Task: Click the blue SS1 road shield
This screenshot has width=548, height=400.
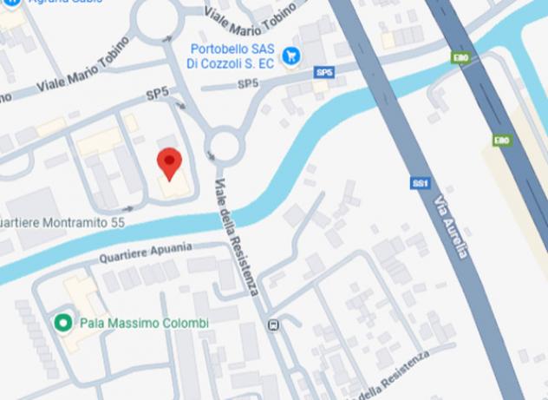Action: click(x=420, y=183)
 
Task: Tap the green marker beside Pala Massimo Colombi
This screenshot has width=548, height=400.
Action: click(x=62, y=323)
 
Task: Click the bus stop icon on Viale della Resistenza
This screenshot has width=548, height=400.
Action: click(x=274, y=325)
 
